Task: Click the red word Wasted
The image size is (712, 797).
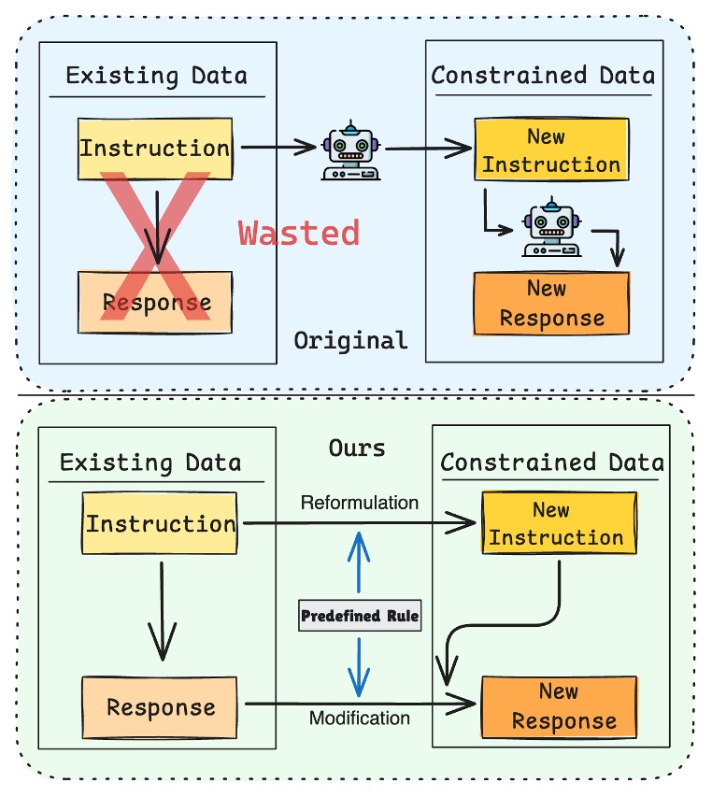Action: point(299,234)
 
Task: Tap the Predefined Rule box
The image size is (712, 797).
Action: point(360,616)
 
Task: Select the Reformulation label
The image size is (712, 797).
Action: point(360,503)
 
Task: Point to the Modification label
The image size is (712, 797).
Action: point(360,718)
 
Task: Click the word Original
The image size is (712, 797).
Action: point(350,340)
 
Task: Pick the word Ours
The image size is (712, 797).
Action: point(357,448)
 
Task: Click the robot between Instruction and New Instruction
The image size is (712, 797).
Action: point(350,150)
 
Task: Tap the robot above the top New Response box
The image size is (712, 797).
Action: point(551,227)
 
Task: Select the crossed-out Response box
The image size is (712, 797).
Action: point(155,303)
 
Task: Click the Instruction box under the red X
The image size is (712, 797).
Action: point(155,149)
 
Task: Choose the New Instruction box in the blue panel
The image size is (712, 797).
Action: point(551,149)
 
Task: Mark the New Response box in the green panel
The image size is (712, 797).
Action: point(559,707)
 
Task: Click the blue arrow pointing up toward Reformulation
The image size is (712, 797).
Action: point(359,562)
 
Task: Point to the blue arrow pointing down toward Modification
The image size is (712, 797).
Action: point(359,667)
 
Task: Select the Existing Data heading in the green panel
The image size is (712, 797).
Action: point(150,463)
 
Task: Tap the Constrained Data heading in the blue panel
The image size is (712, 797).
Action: point(543,76)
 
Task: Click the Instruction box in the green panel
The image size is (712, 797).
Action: point(160,523)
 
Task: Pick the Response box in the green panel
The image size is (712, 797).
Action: point(160,707)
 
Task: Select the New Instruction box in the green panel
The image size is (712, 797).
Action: point(559,522)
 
